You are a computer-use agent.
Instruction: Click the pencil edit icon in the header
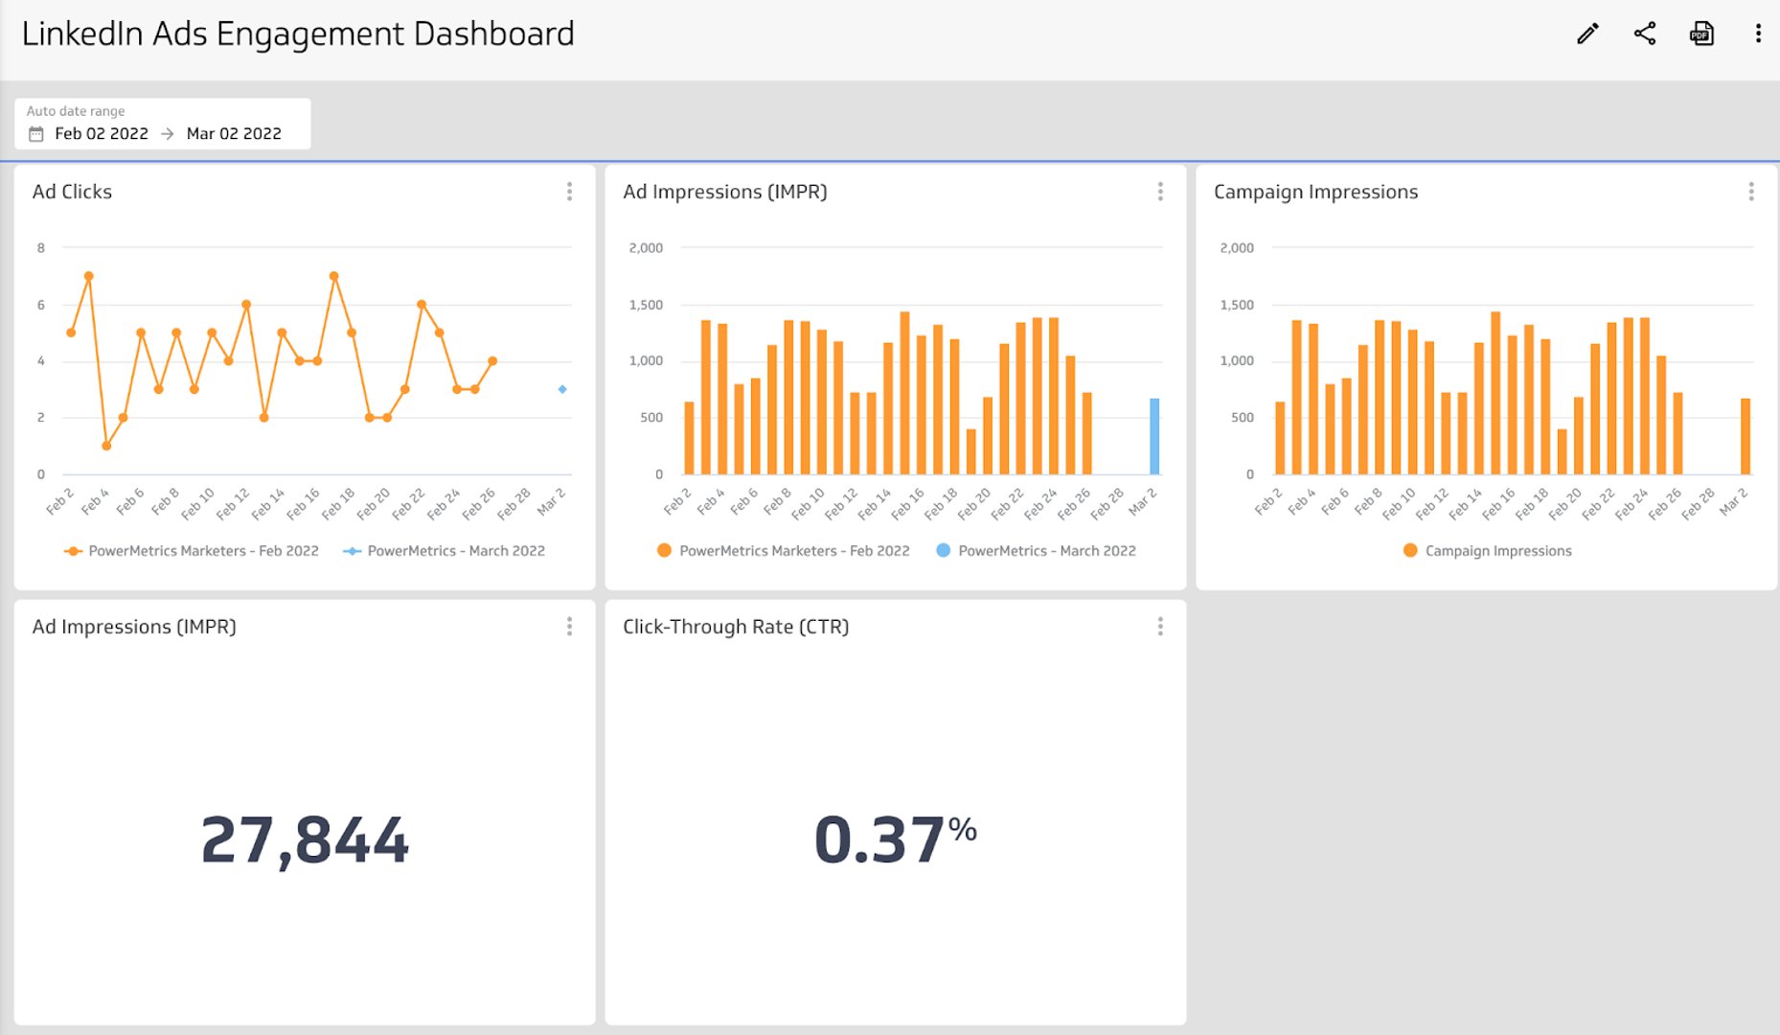coord(1587,34)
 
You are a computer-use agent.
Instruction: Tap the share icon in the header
coord(1644,34)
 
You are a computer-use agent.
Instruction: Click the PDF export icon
coord(1701,34)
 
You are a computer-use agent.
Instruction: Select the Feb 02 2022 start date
coord(101,134)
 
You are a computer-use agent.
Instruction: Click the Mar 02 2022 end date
coord(234,134)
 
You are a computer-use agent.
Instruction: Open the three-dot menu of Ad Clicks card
coord(569,192)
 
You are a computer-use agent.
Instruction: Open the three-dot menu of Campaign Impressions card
coord(1750,192)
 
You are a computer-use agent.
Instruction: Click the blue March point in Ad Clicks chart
coord(562,389)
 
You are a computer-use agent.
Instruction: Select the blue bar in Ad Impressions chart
coord(1154,437)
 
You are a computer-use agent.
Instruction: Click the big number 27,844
coord(305,840)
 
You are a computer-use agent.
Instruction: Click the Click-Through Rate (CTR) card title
coord(736,627)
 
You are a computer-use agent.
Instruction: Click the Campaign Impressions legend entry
coord(1497,551)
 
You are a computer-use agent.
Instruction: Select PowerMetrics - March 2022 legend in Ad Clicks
coord(455,551)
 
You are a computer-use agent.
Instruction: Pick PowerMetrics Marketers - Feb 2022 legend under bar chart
coord(793,551)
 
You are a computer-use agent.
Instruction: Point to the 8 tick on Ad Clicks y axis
coord(41,248)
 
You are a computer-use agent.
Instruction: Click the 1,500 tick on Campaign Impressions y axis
coord(1237,305)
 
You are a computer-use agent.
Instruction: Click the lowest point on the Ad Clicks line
coord(106,446)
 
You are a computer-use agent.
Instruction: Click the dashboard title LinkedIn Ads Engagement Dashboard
coord(298,34)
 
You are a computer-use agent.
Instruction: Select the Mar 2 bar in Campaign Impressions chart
coord(1746,437)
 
